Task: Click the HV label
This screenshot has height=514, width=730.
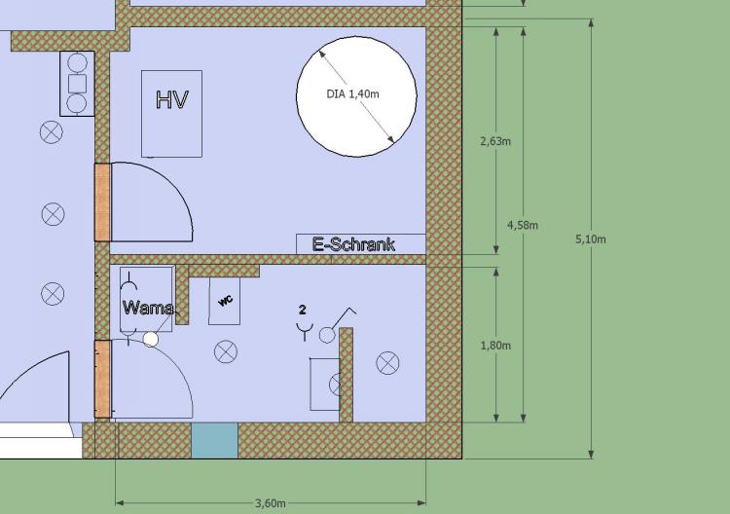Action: tap(171, 99)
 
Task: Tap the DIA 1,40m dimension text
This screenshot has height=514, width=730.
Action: tap(353, 94)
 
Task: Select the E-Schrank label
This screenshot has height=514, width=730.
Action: tap(354, 244)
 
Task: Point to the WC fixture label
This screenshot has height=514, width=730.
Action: tap(226, 301)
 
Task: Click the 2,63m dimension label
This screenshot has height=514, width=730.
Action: tap(495, 141)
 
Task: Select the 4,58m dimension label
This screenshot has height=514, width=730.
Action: tap(523, 225)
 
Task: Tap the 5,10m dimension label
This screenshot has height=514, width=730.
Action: tap(591, 239)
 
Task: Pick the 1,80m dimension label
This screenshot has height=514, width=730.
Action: tap(495, 346)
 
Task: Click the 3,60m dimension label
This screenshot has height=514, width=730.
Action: tap(271, 503)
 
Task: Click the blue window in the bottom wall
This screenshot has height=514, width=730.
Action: tap(215, 440)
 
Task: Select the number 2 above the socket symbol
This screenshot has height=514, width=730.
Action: tap(303, 310)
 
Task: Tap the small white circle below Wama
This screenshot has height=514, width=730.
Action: tap(150, 340)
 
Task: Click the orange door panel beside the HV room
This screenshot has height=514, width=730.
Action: tap(103, 202)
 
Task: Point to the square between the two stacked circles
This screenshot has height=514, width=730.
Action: tap(77, 84)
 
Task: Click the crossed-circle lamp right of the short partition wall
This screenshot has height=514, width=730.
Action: tap(387, 363)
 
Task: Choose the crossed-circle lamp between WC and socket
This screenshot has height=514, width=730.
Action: tap(226, 351)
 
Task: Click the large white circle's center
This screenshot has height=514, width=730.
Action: tap(356, 96)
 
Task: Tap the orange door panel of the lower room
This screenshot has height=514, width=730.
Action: tap(103, 379)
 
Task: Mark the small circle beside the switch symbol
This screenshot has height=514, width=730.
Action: tap(327, 335)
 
